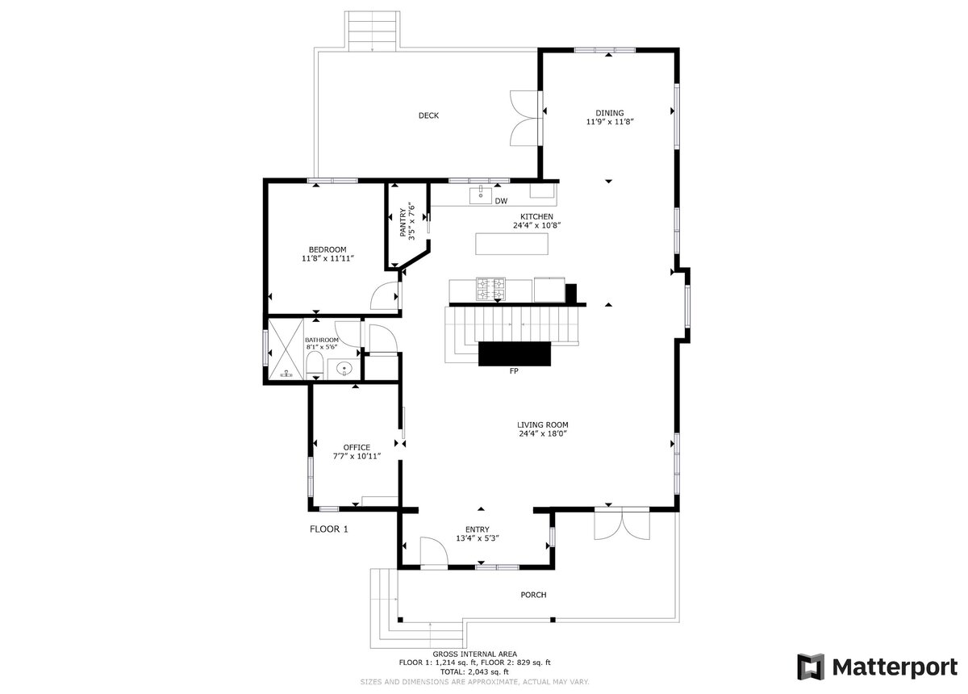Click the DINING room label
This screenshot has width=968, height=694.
pos(610,113)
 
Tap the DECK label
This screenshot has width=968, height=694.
pos(428,115)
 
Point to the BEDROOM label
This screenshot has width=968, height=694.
pos(327,249)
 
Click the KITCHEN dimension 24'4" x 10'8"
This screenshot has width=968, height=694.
pos(536,226)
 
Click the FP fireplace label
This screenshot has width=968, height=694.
pos(513,372)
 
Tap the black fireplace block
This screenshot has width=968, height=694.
pos(515,353)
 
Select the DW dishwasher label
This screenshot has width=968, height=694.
pos(501,201)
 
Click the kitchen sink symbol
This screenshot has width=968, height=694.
pos(480,194)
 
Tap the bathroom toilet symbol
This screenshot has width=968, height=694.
pos(315,366)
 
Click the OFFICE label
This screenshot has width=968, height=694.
pos(357,447)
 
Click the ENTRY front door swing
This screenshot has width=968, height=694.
pos(435,554)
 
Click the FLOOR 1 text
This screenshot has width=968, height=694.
pos(329,529)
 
